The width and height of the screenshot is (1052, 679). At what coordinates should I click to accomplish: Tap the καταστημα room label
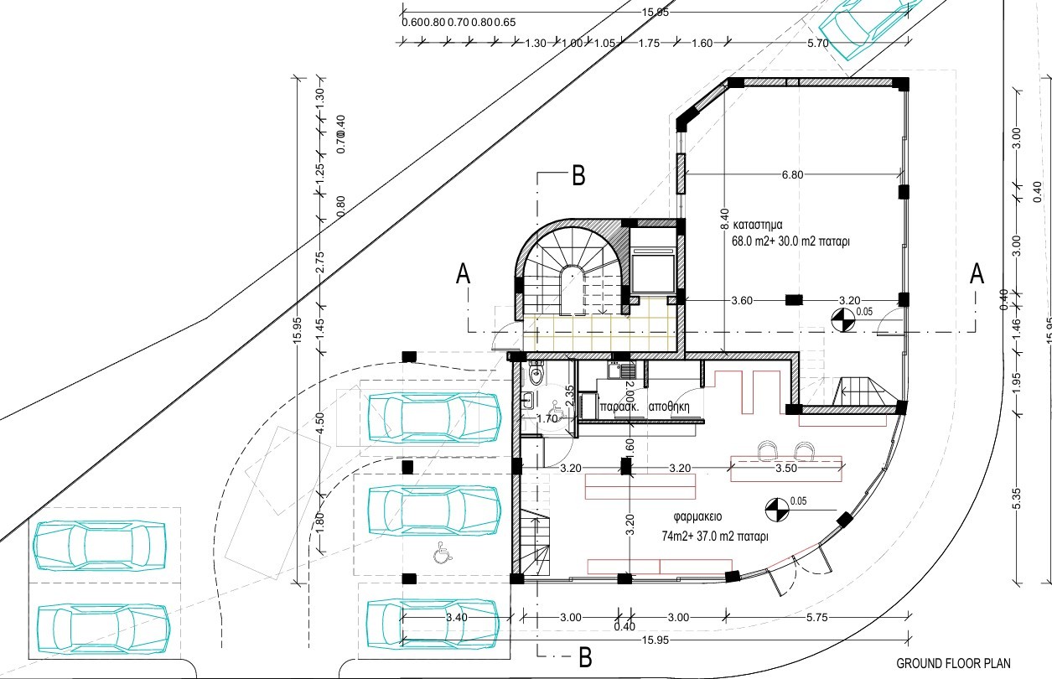coord(758,225)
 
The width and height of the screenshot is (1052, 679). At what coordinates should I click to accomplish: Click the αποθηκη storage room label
coord(668,402)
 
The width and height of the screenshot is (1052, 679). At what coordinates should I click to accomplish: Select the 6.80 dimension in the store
coord(793,175)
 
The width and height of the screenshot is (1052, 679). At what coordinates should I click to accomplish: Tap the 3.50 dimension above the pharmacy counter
coord(785,469)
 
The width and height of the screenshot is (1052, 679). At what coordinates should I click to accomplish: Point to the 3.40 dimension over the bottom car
coord(457,618)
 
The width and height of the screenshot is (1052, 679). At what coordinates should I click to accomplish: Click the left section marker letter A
coord(462,275)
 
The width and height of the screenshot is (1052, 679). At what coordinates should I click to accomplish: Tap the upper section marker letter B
coord(578,176)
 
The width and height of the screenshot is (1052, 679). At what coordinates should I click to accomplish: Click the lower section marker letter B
coord(586,656)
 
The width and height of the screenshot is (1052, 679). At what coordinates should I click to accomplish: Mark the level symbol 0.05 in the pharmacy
coord(777,507)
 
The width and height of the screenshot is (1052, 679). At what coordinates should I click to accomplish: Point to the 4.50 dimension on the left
coord(319,422)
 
